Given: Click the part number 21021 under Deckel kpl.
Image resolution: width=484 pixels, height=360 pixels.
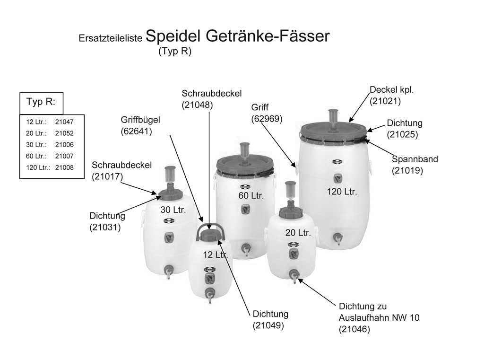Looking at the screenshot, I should point(385,100).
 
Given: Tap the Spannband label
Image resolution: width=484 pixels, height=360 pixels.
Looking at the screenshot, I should point(415,159).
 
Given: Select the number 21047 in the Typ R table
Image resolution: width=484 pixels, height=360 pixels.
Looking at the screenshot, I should point(64,122).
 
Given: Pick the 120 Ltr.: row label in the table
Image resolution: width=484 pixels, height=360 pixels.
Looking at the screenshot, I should point(38,167).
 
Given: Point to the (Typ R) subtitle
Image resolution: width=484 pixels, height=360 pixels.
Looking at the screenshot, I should point(175,52).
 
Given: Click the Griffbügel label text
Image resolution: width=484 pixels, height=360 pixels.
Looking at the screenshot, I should point(137,120).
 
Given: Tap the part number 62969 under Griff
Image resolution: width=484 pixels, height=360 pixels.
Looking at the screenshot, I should point(267,119).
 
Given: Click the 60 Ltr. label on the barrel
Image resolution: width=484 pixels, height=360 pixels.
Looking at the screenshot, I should point(251,195).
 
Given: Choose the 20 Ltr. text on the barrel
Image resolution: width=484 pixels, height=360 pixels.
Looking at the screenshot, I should point(298,233).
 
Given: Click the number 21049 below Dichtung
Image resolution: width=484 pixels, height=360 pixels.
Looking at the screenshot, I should point(268,325).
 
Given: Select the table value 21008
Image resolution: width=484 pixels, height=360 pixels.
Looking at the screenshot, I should point(64,167).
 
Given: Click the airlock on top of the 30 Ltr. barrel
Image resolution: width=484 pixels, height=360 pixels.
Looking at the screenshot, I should point(169,176).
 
